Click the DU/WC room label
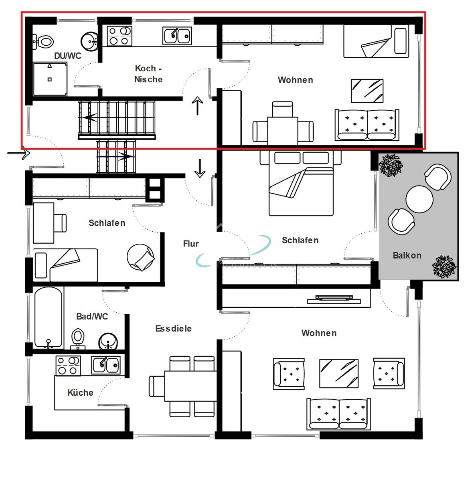(67, 56)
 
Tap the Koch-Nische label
(148, 74)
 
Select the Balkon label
(407, 255)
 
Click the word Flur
(191, 244)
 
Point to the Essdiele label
(173, 329)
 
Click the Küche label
(80, 393)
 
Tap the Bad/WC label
(92, 317)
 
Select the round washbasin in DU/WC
(90, 42)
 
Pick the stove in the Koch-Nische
(120, 36)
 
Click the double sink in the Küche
(105, 365)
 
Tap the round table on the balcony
(419, 199)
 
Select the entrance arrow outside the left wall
(19, 153)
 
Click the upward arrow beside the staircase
(197, 106)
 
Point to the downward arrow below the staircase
(200, 168)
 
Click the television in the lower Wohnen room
(334, 299)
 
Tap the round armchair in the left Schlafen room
(141, 257)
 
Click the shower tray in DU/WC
(50, 79)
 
